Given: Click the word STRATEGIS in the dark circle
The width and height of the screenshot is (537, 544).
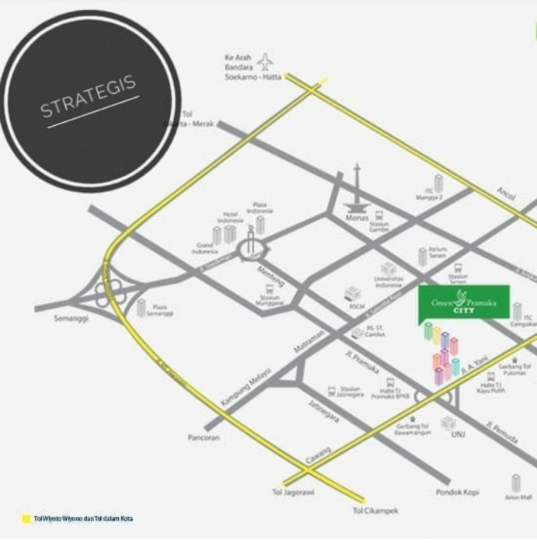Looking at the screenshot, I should pos(89,96).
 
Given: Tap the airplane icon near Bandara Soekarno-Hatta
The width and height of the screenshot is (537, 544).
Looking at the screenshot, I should pos(267,61).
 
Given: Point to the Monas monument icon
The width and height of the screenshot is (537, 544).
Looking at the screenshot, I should pos(358,190).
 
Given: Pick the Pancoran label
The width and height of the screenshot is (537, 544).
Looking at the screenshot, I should pos(204,438).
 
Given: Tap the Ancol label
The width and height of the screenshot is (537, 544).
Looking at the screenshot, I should pos(507,193).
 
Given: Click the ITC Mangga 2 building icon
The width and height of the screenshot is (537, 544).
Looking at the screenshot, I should pos(438,183).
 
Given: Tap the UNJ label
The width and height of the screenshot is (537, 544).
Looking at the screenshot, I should pos(457,435).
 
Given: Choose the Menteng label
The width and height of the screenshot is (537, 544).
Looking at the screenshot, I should pos(271,272).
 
